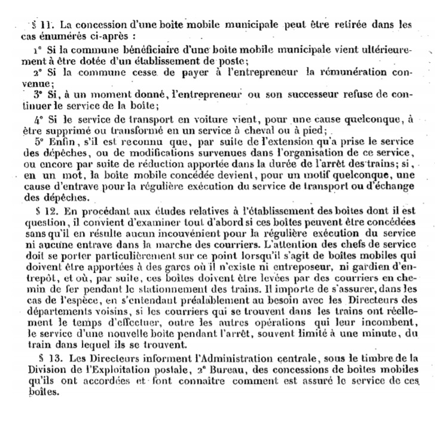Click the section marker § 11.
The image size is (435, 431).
(44, 25)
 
